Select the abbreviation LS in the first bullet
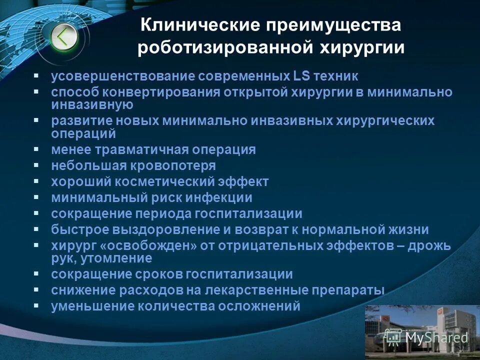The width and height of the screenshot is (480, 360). [301, 76]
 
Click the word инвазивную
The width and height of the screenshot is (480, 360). [92, 105]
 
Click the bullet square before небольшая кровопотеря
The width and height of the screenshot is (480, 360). [36, 165]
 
